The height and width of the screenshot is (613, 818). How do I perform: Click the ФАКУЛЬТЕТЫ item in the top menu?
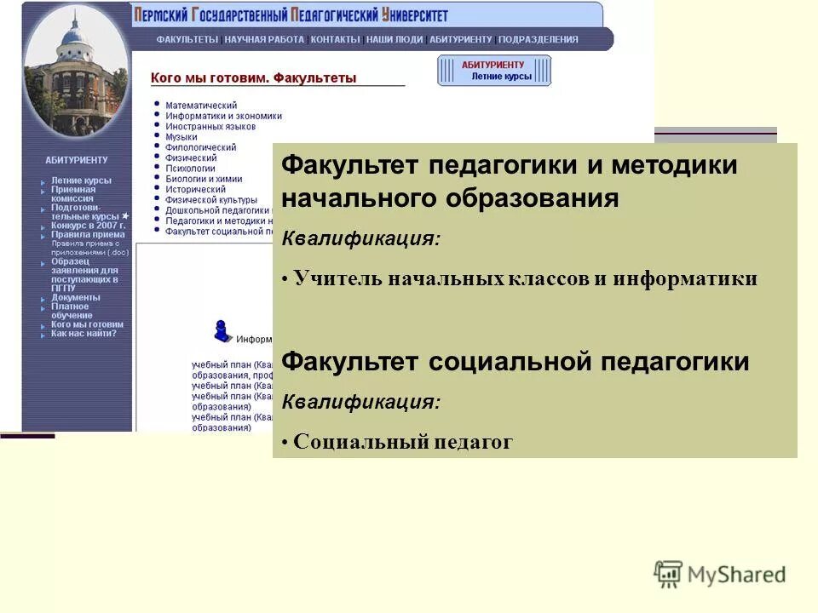(x=187, y=39)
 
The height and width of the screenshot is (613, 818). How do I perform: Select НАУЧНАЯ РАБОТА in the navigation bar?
(x=265, y=39)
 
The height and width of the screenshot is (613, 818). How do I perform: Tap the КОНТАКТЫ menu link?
(x=335, y=39)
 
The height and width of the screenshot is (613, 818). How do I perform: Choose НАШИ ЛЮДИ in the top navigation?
(x=394, y=39)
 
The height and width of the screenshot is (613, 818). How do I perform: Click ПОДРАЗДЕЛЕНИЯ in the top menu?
(x=539, y=39)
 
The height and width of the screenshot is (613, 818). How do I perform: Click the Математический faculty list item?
(x=201, y=105)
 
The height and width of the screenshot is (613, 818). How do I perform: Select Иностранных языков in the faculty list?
(x=210, y=126)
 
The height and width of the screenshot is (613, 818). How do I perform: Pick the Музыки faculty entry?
(x=181, y=136)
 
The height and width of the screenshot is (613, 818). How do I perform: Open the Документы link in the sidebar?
(x=75, y=297)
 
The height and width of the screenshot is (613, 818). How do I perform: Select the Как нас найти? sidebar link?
(x=84, y=333)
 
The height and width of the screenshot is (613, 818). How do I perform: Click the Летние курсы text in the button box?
(x=501, y=76)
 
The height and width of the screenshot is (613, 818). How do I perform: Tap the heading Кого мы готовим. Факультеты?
(x=253, y=78)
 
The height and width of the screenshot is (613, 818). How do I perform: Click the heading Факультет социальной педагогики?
(x=515, y=362)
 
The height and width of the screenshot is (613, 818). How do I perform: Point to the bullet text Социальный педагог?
(x=402, y=442)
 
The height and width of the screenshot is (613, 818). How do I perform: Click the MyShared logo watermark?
(x=720, y=575)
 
